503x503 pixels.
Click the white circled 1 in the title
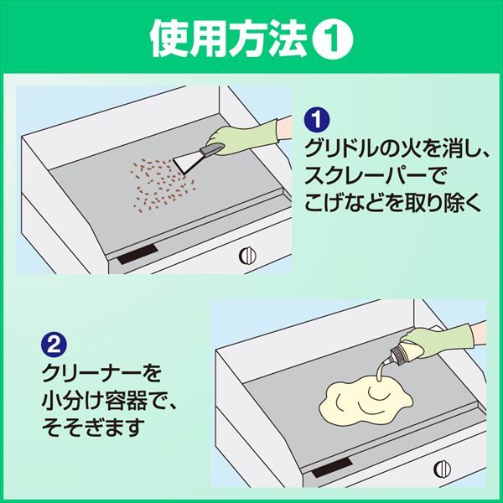coord(335,39)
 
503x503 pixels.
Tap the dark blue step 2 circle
coord(50,345)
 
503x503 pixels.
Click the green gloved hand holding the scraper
coord(244,134)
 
